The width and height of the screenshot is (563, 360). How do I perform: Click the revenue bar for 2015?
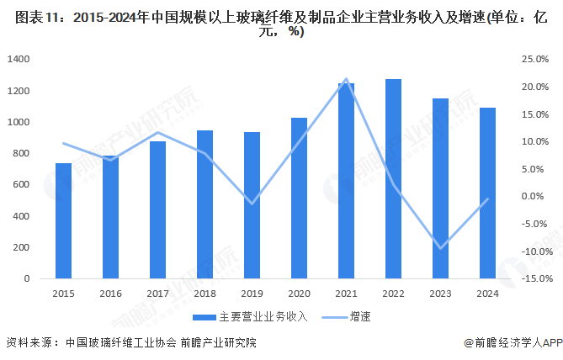[63, 220]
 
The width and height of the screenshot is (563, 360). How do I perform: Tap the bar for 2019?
[252, 205]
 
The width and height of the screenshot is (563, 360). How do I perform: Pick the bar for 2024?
[487, 193]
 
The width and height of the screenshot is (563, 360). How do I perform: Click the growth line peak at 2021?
[346, 79]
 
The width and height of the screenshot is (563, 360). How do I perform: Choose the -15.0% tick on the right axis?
[536, 278]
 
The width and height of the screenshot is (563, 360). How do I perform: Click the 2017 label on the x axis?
[157, 294]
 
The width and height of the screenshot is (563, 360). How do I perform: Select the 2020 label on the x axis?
[299, 294]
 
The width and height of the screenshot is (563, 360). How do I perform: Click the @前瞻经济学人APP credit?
[512, 343]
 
